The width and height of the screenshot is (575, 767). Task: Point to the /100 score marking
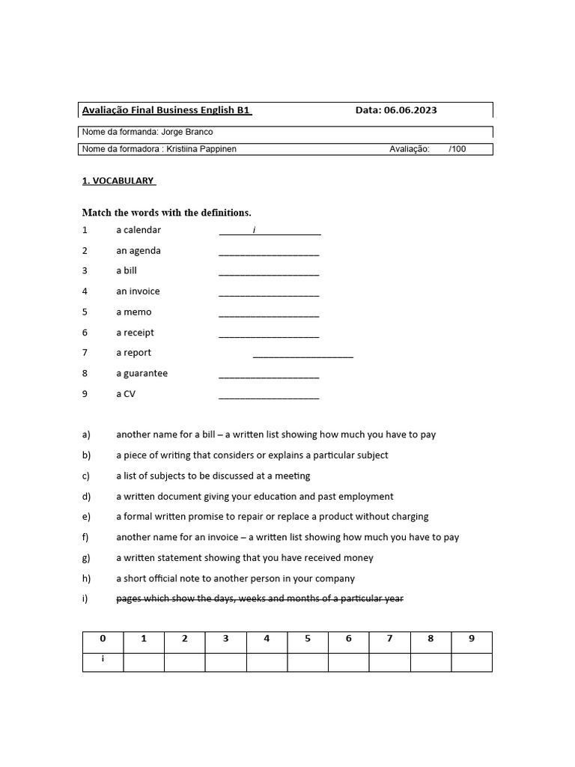click(457, 149)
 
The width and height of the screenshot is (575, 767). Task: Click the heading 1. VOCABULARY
click(118, 181)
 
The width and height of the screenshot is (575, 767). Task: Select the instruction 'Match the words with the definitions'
click(166, 213)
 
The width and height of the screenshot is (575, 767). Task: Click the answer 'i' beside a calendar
click(254, 230)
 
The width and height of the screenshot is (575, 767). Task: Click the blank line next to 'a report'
click(302, 355)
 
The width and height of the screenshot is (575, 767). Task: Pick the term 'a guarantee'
click(142, 373)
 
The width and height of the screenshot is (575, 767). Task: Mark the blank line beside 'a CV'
click(269, 396)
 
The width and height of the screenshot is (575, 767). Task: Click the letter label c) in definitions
click(86, 476)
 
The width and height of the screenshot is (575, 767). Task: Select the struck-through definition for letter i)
click(260, 598)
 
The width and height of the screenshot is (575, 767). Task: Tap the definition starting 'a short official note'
click(235, 578)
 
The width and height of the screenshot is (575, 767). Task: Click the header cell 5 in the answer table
click(308, 639)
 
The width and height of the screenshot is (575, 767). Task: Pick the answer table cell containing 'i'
click(103, 661)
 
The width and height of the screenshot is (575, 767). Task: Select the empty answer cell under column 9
click(471, 662)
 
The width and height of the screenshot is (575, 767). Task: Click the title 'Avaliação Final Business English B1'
click(165, 110)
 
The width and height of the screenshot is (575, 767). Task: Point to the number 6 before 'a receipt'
click(85, 333)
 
